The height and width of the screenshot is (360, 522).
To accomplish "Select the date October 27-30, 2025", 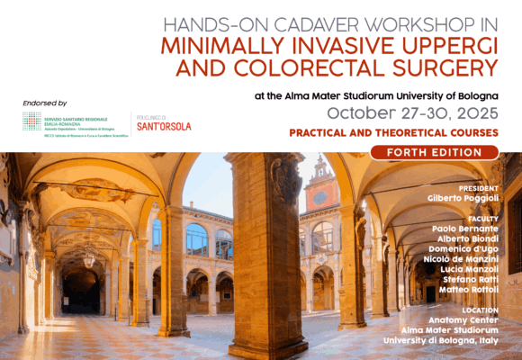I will tap(411, 112).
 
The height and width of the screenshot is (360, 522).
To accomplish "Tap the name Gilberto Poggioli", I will tap(461, 198).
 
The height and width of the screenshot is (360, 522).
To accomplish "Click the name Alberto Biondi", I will tap(468, 240).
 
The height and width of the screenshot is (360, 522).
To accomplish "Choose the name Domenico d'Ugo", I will tap(463, 251).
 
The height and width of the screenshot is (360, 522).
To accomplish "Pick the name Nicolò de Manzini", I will tap(459, 262).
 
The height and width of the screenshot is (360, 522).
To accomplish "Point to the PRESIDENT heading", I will tap(477, 187).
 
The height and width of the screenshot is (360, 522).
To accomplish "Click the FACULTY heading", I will tap(481, 219).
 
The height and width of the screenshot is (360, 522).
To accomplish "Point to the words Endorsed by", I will tap(42, 103).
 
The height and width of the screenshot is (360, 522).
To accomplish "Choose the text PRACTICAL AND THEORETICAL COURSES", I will tap(393, 132).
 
